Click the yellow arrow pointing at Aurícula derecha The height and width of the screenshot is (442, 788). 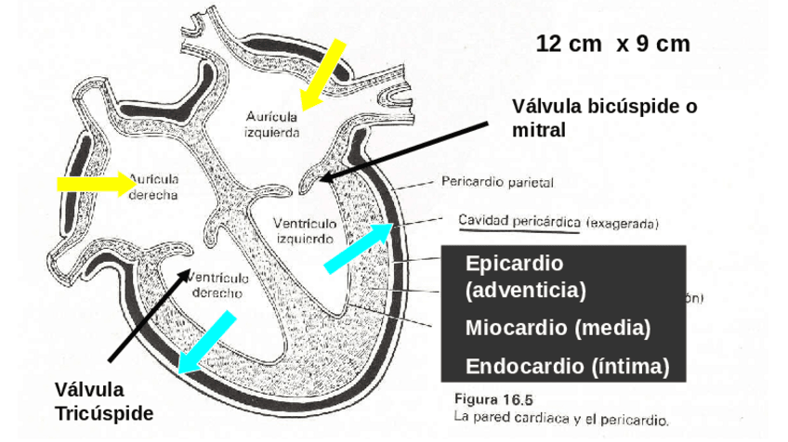97,183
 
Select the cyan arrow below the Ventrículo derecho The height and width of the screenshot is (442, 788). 207,343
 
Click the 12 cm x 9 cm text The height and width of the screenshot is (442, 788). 612,44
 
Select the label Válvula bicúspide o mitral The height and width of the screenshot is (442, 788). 604,118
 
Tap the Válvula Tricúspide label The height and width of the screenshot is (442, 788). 103,401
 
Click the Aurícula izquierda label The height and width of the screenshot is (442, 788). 271,124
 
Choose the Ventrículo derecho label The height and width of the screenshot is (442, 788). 217,284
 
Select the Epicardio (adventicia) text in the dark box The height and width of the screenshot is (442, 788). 526,276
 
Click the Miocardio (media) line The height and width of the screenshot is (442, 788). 558,328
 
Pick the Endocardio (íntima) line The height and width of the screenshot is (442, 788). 567,365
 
